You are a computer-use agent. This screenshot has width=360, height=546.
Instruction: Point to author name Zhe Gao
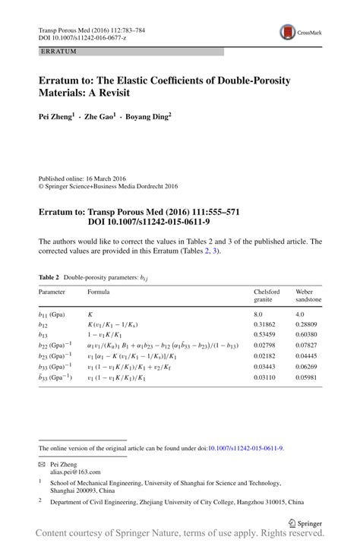[100, 116]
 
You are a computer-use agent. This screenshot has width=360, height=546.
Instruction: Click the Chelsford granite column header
[267, 295]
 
